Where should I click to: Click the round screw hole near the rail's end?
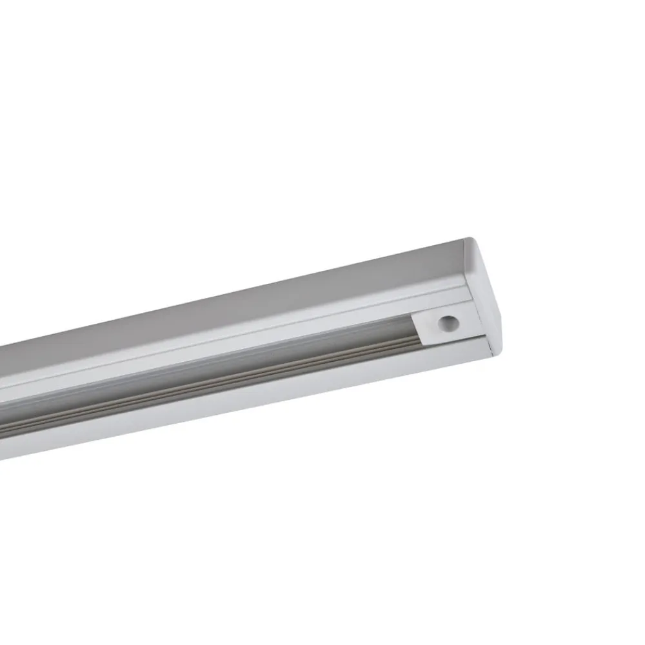[446, 324]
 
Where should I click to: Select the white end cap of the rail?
[490, 290]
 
